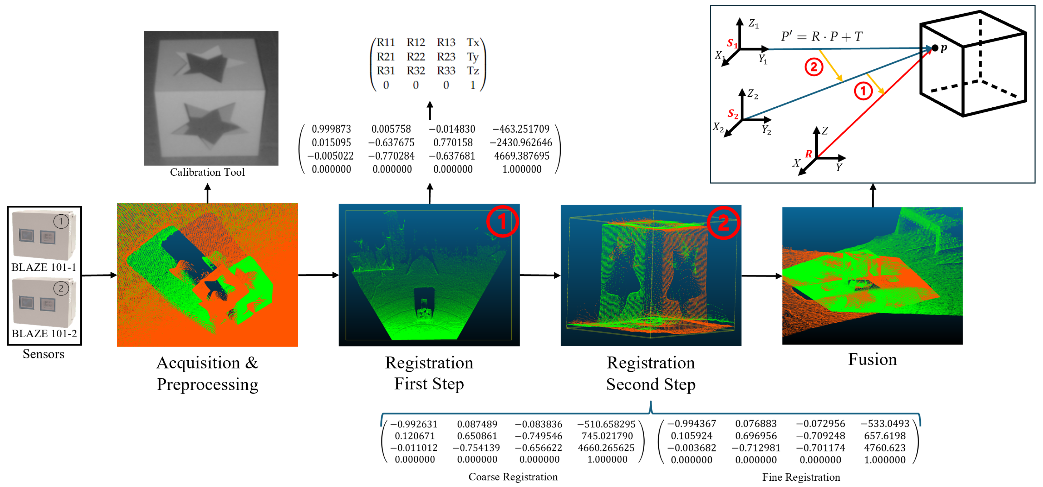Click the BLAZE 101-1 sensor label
44,267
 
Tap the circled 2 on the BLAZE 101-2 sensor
61,288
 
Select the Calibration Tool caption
207,173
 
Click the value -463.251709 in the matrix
521,129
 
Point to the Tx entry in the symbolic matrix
472,42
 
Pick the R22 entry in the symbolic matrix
416,57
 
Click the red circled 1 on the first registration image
502,221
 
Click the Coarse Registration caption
513,477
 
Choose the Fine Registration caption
801,477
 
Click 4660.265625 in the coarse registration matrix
606,448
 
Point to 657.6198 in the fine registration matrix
885,436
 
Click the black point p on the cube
935,48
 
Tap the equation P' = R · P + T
822,37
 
